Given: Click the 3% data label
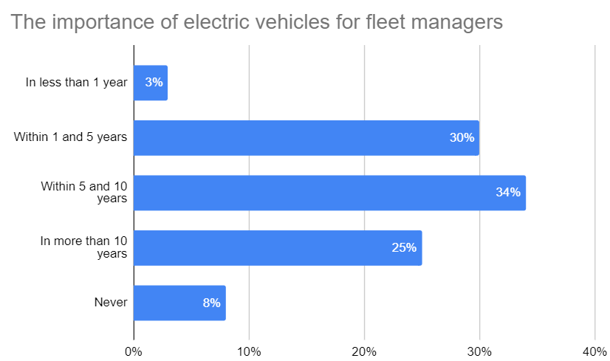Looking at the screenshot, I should (154, 83).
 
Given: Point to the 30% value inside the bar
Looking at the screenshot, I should (462, 138).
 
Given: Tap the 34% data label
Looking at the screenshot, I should (508, 193).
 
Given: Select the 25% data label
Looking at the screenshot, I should (404, 248).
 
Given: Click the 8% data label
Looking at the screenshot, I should (211, 303).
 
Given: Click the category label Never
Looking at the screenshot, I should (111, 303).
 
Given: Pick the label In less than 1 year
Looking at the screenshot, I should (76, 83).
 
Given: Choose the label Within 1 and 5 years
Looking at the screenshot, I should (70, 137).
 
